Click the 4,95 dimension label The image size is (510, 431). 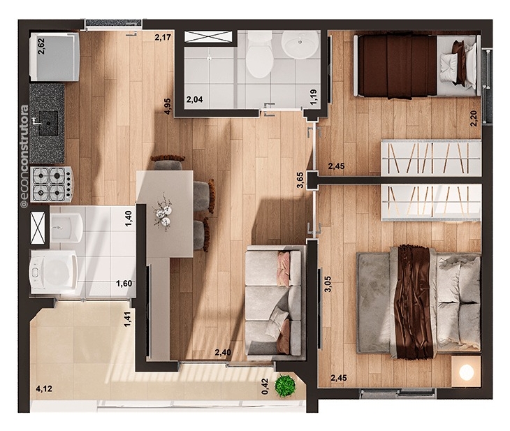(x=168, y=106)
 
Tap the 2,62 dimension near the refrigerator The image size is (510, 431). (x=42, y=47)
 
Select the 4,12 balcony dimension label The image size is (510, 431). (x=44, y=388)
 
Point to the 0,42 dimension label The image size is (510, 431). (x=265, y=386)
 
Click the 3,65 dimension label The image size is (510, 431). (x=300, y=180)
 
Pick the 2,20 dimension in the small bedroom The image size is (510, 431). (x=473, y=119)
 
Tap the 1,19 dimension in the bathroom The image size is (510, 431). (x=314, y=97)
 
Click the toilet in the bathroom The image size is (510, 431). (x=259, y=54)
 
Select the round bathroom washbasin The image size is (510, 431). (x=300, y=44)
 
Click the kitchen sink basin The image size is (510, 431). (x=48, y=123)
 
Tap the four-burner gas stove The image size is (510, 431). (x=52, y=184)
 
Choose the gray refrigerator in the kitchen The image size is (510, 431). (x=54, y=57)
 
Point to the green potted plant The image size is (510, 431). (x=285, y=386)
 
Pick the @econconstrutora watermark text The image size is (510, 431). (x=24, y=156)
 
